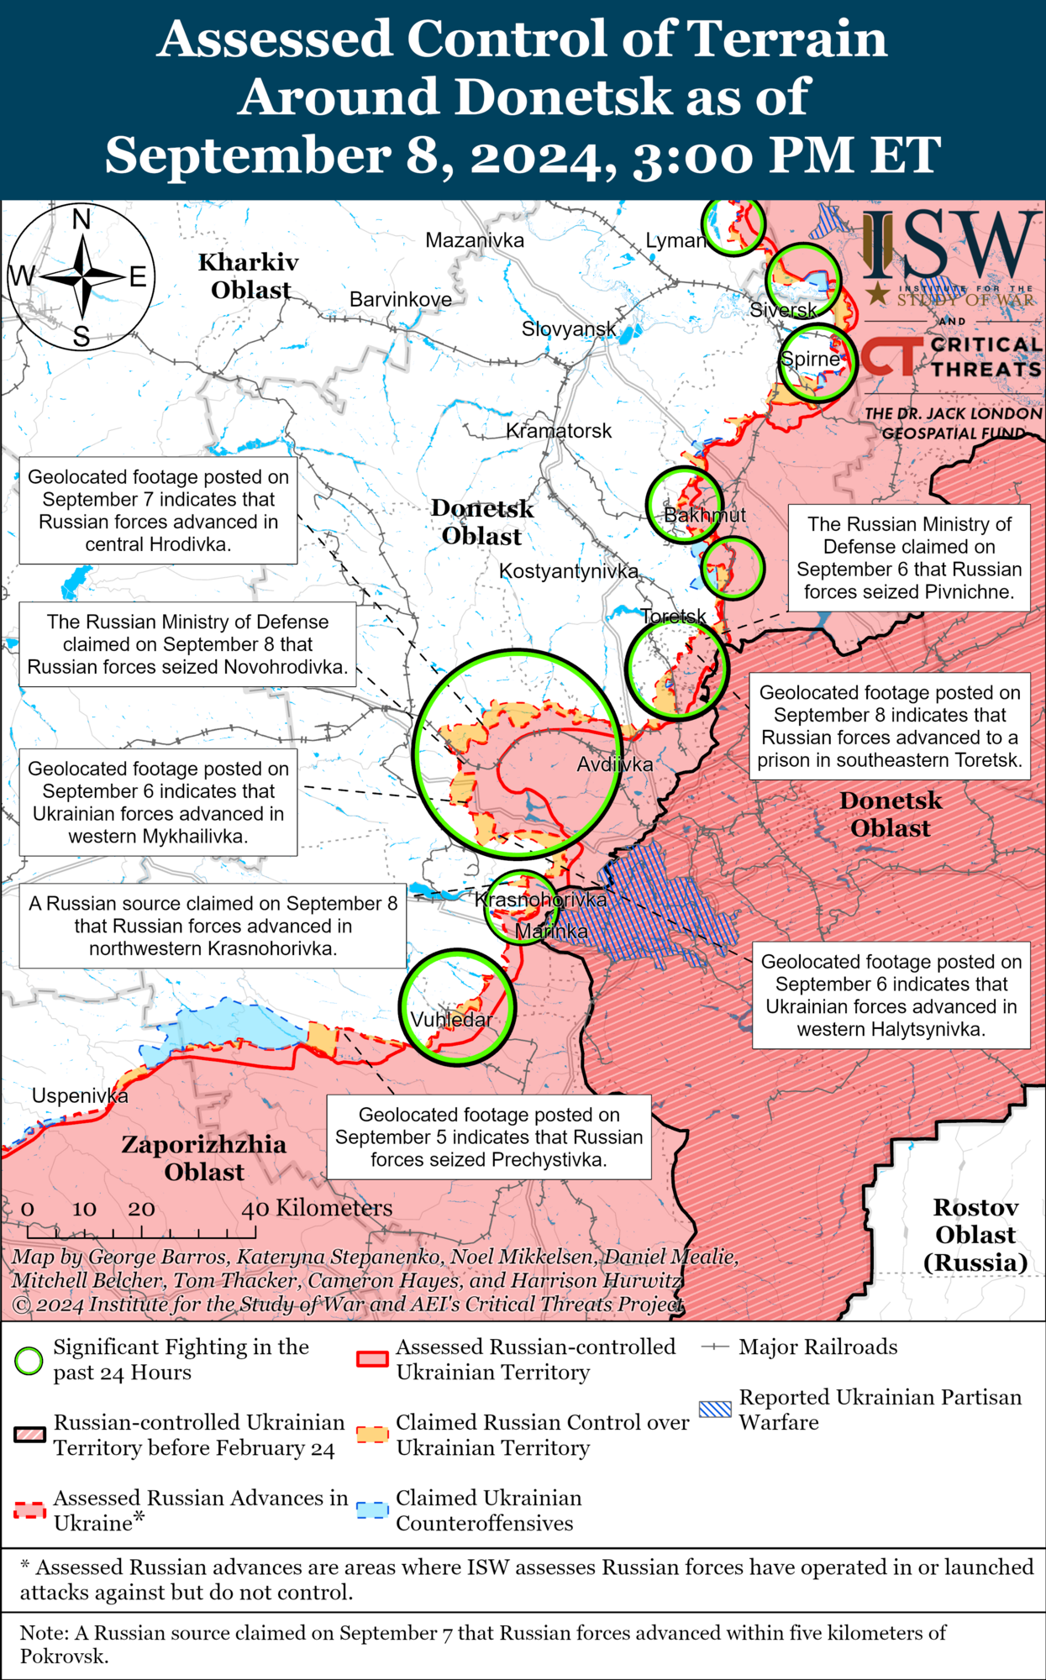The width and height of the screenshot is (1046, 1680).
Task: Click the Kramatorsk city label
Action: click(559, 431)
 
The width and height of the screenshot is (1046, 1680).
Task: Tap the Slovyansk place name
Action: click(569, 328)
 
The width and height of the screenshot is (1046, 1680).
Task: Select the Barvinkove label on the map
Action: click(400, 300)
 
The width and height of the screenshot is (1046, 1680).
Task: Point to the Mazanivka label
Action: click(475, 240)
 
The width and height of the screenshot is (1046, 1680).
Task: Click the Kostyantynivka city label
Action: click(569, 571)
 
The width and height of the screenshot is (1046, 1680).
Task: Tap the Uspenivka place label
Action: click(80, 1096)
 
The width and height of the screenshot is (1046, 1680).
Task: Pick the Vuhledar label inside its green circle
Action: click(451, 1020)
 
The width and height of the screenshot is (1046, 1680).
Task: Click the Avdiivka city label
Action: click(614, 764)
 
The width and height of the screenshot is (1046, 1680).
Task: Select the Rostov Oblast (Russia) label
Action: click(975, 1235)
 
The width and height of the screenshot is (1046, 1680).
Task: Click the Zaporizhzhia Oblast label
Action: click(203, 1158)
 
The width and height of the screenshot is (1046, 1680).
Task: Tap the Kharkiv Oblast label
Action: click(249, 276)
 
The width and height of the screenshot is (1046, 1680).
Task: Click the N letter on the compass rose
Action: click(81, 220)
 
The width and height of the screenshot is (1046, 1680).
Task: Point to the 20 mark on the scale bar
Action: click(141, 1209)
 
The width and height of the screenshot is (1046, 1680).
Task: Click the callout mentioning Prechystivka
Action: click(488, 1137)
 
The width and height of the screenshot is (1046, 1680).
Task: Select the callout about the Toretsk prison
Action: click(889, 727)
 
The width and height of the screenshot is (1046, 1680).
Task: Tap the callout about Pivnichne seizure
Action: click(908, 558)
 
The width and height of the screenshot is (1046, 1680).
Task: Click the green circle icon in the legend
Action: click(29, 1360)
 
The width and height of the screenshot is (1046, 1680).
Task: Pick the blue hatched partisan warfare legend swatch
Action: click(715, 1409)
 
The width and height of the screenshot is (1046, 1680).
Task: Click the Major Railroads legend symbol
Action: click(714, 1347)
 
